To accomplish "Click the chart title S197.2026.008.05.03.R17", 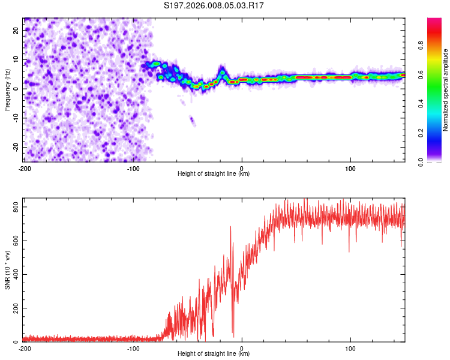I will [214, 5].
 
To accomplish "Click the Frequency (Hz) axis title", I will [7, 90].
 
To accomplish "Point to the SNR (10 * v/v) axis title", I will [7, 270].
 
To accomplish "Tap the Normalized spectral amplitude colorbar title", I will [445, 90].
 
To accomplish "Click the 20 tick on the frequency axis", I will [16, 29].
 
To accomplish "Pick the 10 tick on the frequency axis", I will [16, 59].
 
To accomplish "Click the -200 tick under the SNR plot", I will [25, 349].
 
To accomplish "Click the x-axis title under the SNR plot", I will [214, 356].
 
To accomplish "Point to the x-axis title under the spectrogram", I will [214, 175].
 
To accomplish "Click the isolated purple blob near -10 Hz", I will [193, 121].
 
